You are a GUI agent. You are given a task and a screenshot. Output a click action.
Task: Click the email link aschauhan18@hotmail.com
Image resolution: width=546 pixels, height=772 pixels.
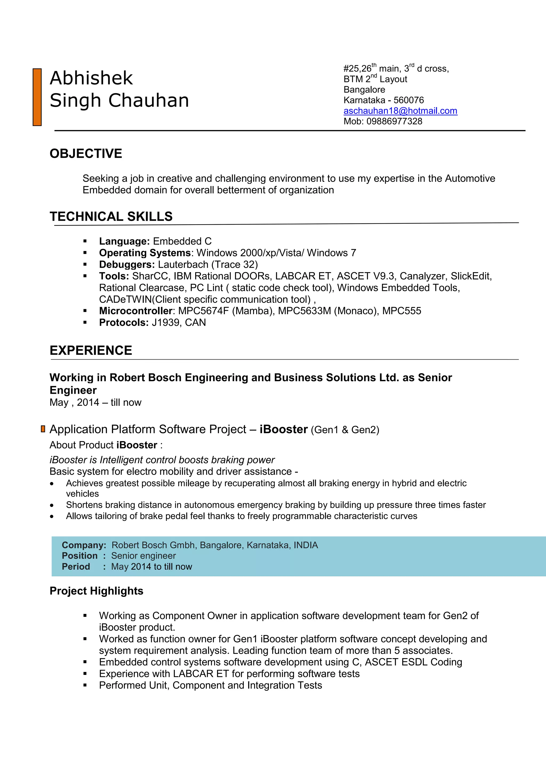click(400, 111)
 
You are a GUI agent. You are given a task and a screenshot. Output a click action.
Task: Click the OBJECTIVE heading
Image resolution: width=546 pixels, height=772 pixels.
click(86, 154)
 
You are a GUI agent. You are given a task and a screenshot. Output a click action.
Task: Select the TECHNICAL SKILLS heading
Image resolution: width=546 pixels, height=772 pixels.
click(111, 216)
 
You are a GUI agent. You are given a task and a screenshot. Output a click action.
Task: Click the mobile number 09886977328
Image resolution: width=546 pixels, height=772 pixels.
click(394, 121)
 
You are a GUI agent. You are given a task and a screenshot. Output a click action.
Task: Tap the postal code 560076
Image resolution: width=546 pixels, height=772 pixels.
click(408, 100)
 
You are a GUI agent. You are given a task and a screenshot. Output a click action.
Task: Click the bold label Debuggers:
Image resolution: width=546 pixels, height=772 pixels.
click(127, 265)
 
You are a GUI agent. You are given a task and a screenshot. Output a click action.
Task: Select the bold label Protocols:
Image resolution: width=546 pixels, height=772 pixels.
click(124, 323)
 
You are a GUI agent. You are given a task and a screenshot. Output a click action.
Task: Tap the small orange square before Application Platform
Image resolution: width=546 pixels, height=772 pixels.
click(43, 429)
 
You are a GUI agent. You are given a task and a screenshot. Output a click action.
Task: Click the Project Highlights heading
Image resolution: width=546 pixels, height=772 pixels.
click(96, 591)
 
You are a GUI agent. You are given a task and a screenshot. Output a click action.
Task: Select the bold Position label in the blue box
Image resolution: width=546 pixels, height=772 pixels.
click(80, 556)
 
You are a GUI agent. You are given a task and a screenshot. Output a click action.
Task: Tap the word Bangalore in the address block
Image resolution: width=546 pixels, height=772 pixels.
click(364, 90)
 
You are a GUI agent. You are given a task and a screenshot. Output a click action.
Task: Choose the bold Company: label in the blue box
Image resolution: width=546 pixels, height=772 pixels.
click(84, 545)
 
